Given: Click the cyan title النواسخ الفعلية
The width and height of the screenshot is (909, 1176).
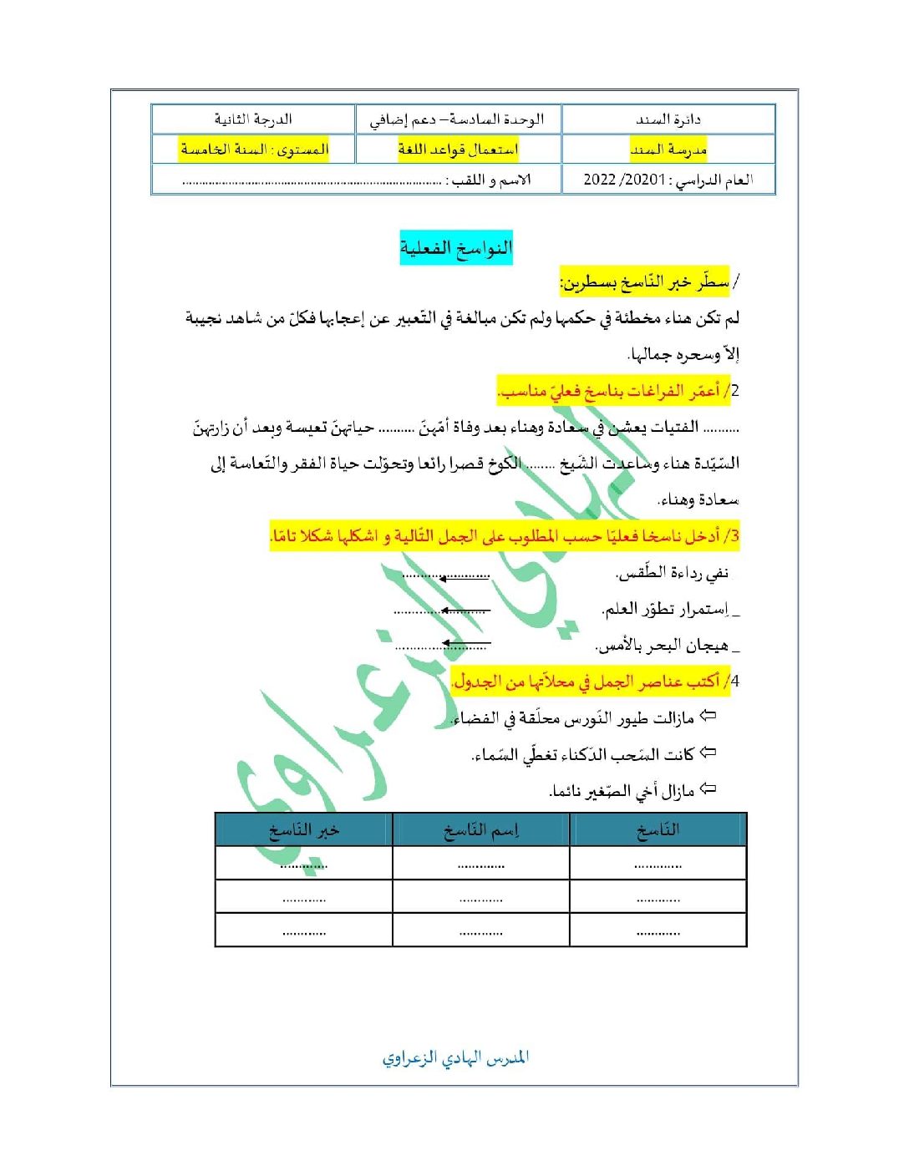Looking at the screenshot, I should tap(455, 248).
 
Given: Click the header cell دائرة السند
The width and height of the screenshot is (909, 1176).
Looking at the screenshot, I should tap(668, 119).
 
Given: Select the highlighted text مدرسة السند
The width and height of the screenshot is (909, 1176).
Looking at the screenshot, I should tap(668, 150).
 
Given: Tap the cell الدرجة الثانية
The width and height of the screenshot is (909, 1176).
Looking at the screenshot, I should tap(253, 119).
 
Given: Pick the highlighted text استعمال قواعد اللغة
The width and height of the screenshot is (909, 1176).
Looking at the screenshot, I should tap(458, 150).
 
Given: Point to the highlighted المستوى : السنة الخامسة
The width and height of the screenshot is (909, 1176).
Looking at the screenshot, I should tap(254, 150).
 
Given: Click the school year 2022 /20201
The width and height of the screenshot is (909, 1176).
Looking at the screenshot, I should tap(624, 180).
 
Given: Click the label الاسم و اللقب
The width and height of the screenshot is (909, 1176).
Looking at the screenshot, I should tap(491, 180).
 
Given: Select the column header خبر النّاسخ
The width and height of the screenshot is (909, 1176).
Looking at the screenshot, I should tap(303, 830).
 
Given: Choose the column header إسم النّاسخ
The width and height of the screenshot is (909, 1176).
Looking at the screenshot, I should tap(481, 830).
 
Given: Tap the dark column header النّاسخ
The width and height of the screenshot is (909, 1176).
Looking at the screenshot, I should tap(658, 830).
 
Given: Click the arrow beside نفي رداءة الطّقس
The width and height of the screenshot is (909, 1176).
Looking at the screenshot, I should tap(465, 576).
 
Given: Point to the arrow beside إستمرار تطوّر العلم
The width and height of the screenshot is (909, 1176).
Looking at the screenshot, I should tap(465, 611).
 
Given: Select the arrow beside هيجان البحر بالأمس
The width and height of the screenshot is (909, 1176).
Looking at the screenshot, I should tap(465, 644).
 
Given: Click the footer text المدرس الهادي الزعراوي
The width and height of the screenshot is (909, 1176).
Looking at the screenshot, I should tap(455, 1058).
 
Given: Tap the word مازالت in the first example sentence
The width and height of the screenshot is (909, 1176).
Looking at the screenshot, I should tap(673, 718).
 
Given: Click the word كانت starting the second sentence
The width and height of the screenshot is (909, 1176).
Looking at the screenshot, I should tap(678, 755).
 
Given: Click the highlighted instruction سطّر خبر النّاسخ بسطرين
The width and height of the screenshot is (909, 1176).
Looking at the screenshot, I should tap(644, 282).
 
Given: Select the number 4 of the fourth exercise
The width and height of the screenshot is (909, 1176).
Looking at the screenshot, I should tap(735, 682).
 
